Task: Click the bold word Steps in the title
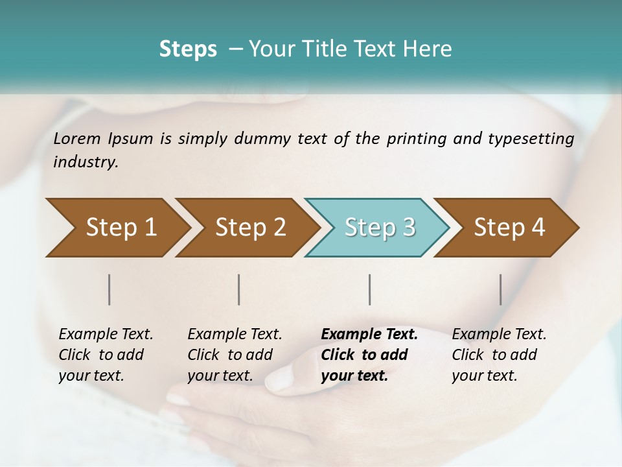pos(188,49)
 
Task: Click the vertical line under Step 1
pos(109,289)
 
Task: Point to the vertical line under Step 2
pos(239,289)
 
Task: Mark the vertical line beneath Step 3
pos(369,289)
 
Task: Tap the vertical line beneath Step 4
pos(500,289)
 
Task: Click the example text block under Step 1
pos(106,355)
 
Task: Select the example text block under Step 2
pos(235,355)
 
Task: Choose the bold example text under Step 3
pos(369,355)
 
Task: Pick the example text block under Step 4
pos(499,355)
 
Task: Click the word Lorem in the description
pos(77,139)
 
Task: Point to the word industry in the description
pos(85,162)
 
